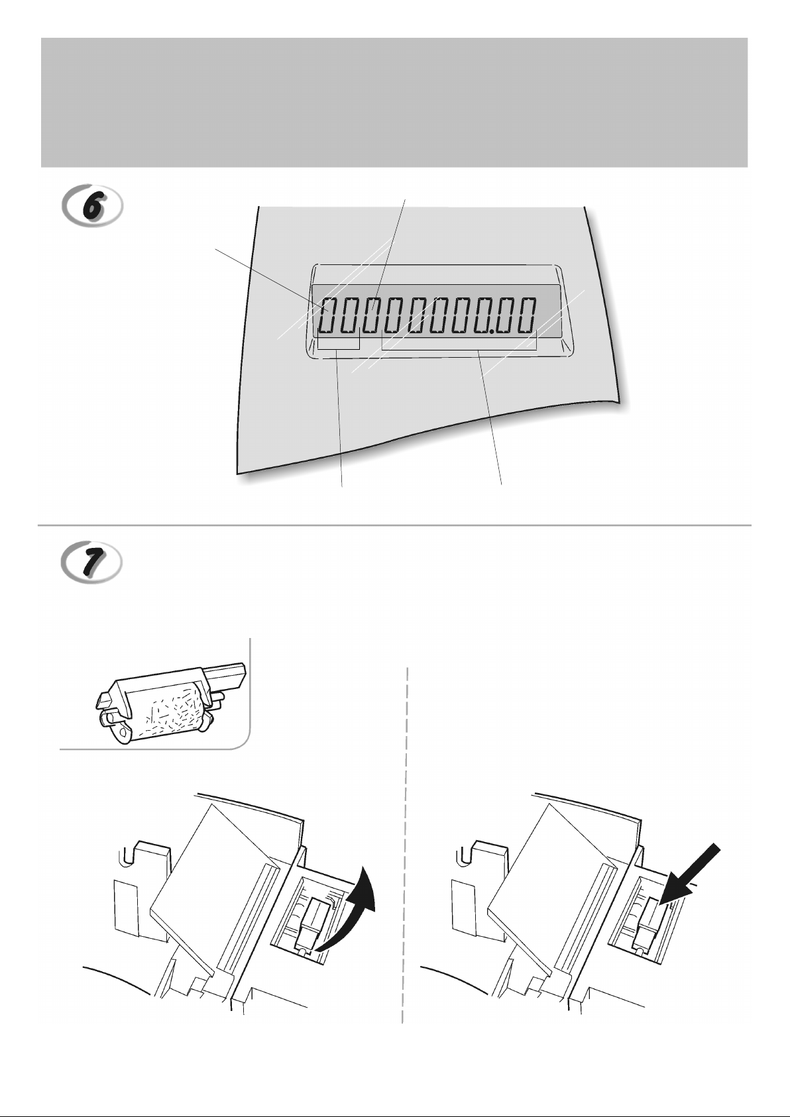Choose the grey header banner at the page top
(x=394, y=102)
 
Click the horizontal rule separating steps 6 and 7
(x=394, y=525)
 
